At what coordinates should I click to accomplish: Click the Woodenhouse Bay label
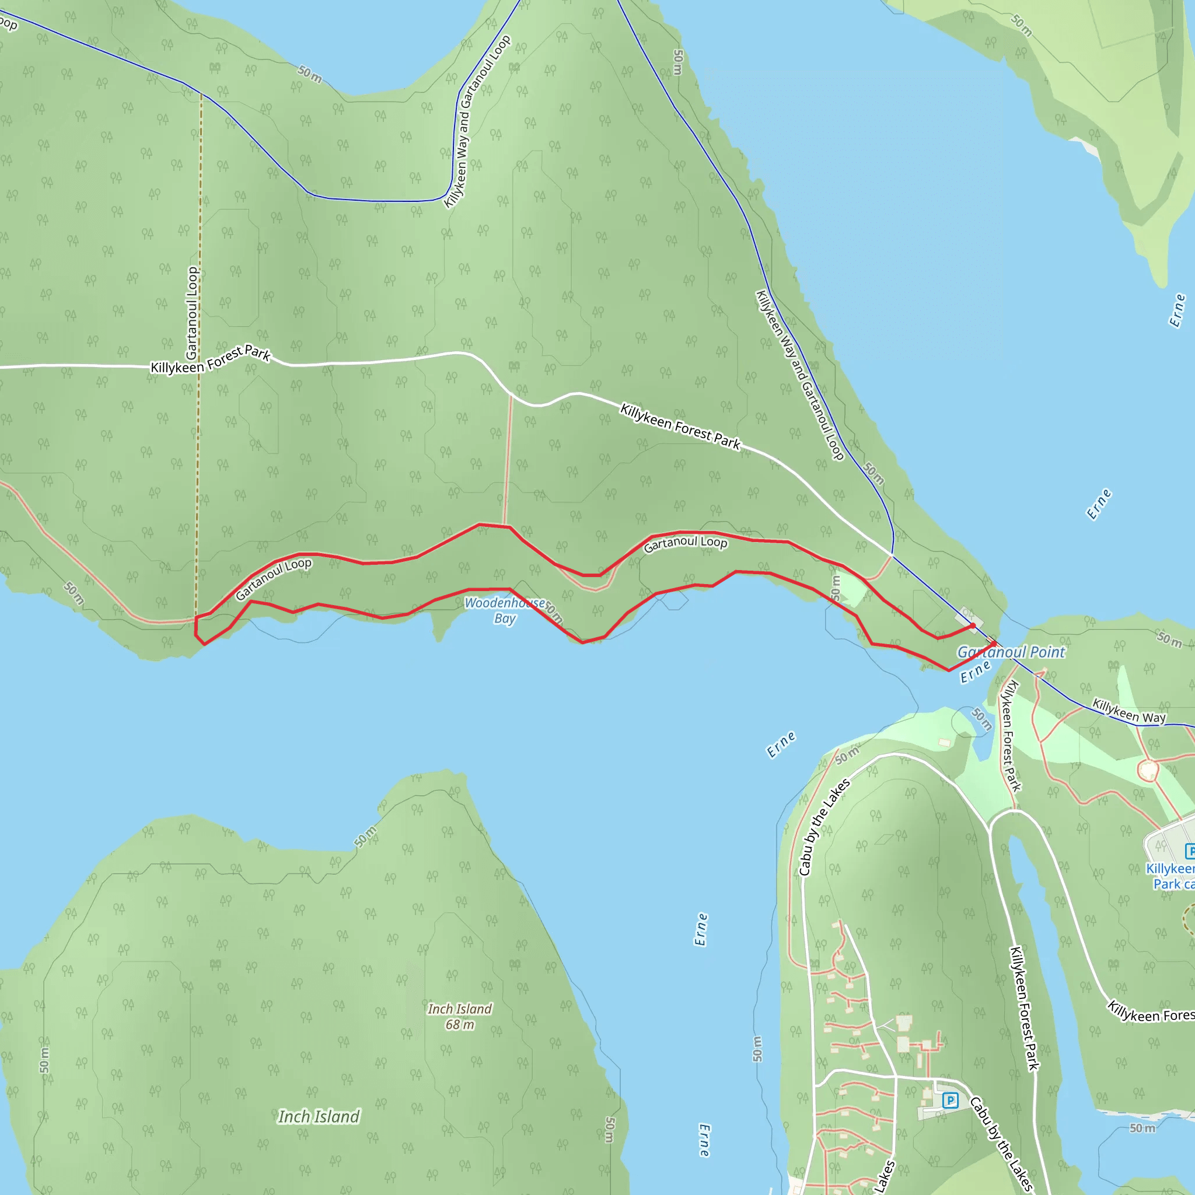click(x=504, y=610)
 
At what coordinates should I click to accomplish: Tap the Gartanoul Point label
click(x=1011, y=652)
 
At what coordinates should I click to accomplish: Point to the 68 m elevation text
click(x=460, y=1025)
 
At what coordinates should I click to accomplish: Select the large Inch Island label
click(x=319, y=1116)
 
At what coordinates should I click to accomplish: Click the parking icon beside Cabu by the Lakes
click(x=950, y=1100)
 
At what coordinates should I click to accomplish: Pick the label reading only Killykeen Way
click(x=1129, y=711)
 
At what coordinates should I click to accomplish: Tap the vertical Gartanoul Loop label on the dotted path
click(x=193, y=313)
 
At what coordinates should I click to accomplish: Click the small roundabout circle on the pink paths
click(x=1148, y=771)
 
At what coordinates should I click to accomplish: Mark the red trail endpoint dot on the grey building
click(x=972, y=626)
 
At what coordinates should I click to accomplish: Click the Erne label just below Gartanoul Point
click(x=976, y=672)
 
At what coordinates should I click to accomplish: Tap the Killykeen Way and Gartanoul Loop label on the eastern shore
click(x=800, y=375)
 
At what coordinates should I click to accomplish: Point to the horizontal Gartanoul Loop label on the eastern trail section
click(x=686, y=544)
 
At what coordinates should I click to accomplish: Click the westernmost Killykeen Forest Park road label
click(x=211, y=361)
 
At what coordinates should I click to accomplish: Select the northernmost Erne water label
click(x=1177, y=310)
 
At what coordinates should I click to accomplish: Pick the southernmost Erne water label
click(x=704, y=1141)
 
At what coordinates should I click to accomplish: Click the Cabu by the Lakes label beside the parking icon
click(x=1001, y=1144)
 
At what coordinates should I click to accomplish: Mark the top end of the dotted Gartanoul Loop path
click(x=201, y=95)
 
